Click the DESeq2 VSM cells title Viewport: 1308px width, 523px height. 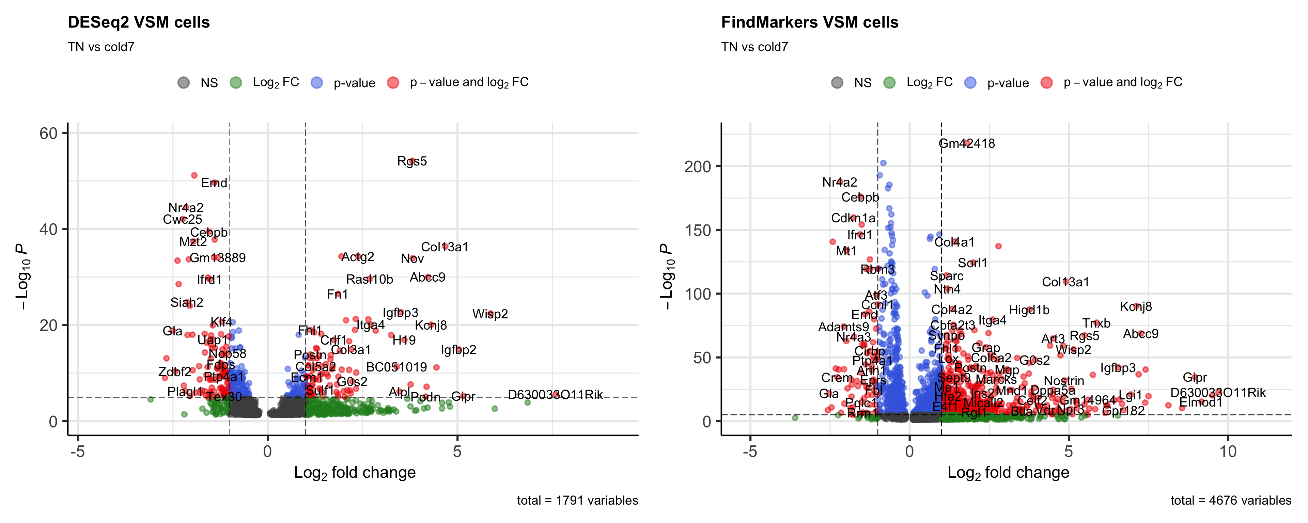[x=139, y=22]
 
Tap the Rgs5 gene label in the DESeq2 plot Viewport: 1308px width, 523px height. [x=412, y=161]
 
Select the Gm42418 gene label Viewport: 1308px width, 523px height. [x=966, y=144]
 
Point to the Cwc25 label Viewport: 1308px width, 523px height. [x=182, y=219]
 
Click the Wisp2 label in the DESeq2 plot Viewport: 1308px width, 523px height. [x=490, y=314]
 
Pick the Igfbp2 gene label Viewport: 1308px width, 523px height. [x=458, y=350]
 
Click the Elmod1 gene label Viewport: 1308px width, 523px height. [x=1200, y=403]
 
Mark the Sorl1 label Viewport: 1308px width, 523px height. [x=972, y=263]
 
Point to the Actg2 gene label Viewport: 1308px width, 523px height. [x=357, y=257]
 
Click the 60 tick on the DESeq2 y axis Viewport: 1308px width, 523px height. [x=49, y=133]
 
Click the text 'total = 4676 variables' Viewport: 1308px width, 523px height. [x=1230, y=501]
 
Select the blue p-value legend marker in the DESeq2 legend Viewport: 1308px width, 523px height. [x=317, y=83]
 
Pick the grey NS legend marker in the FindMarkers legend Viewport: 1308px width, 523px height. [x=837, y=83]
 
